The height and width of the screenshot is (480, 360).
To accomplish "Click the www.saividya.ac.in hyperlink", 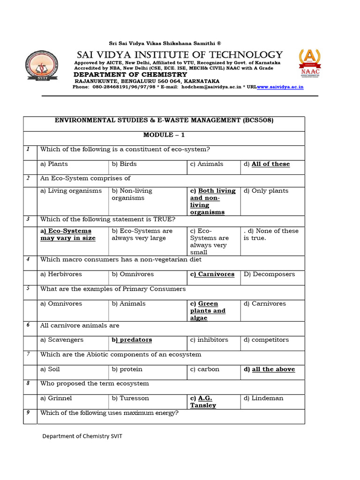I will [280, 87].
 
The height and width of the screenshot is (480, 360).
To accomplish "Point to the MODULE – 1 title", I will [164, 135].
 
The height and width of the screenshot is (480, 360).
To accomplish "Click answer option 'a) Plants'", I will [54, 164].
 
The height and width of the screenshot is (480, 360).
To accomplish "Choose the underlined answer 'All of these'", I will [270, 164].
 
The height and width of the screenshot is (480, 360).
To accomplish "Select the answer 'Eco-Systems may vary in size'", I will [68, 234].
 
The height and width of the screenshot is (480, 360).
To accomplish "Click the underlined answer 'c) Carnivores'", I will [212, 274].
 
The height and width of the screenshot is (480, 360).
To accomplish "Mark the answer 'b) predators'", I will [132, 340].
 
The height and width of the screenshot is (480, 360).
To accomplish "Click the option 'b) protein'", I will [127, 369].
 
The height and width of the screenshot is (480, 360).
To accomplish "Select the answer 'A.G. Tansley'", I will [203, 402].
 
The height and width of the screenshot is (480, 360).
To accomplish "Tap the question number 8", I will [28, 383].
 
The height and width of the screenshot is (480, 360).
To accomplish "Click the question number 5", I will [28, 289].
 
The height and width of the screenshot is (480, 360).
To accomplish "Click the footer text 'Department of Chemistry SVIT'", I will [82, 436].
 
